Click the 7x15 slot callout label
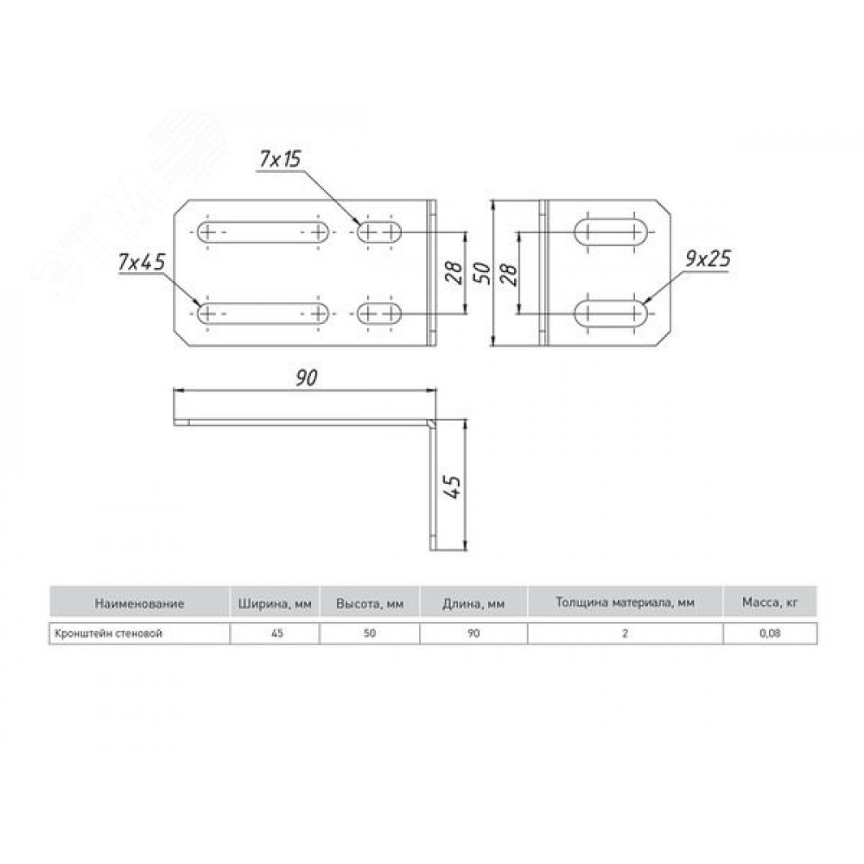point(281,159)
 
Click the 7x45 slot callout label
point(142,263)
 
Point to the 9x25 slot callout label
point(708,259)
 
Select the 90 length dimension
point(307,378)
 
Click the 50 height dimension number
point(482,274)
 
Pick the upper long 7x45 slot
point(264,232)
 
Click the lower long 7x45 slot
point(264,314)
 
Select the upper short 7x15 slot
point(379,232)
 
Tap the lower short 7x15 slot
point(379,314)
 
